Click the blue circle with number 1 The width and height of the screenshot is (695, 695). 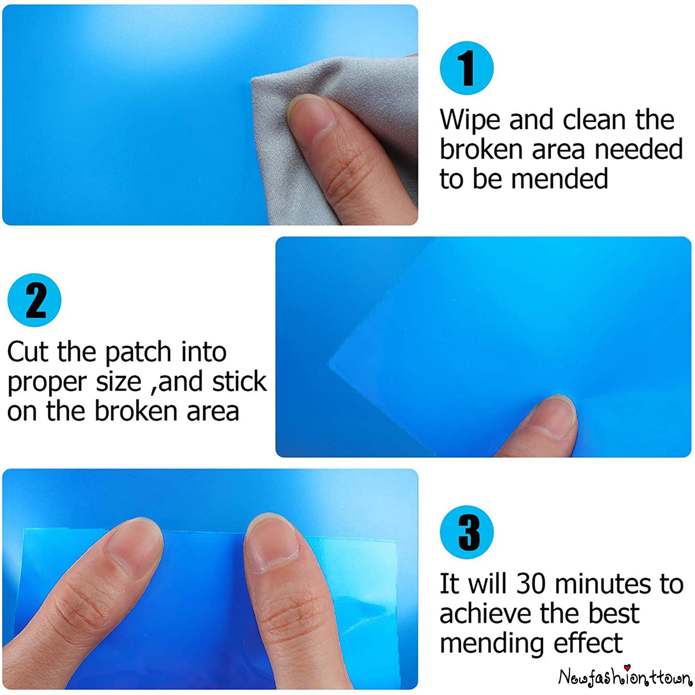467,68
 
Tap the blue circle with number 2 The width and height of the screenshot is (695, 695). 34,300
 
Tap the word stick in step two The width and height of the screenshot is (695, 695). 239,381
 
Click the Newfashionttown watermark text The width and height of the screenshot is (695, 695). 624,677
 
